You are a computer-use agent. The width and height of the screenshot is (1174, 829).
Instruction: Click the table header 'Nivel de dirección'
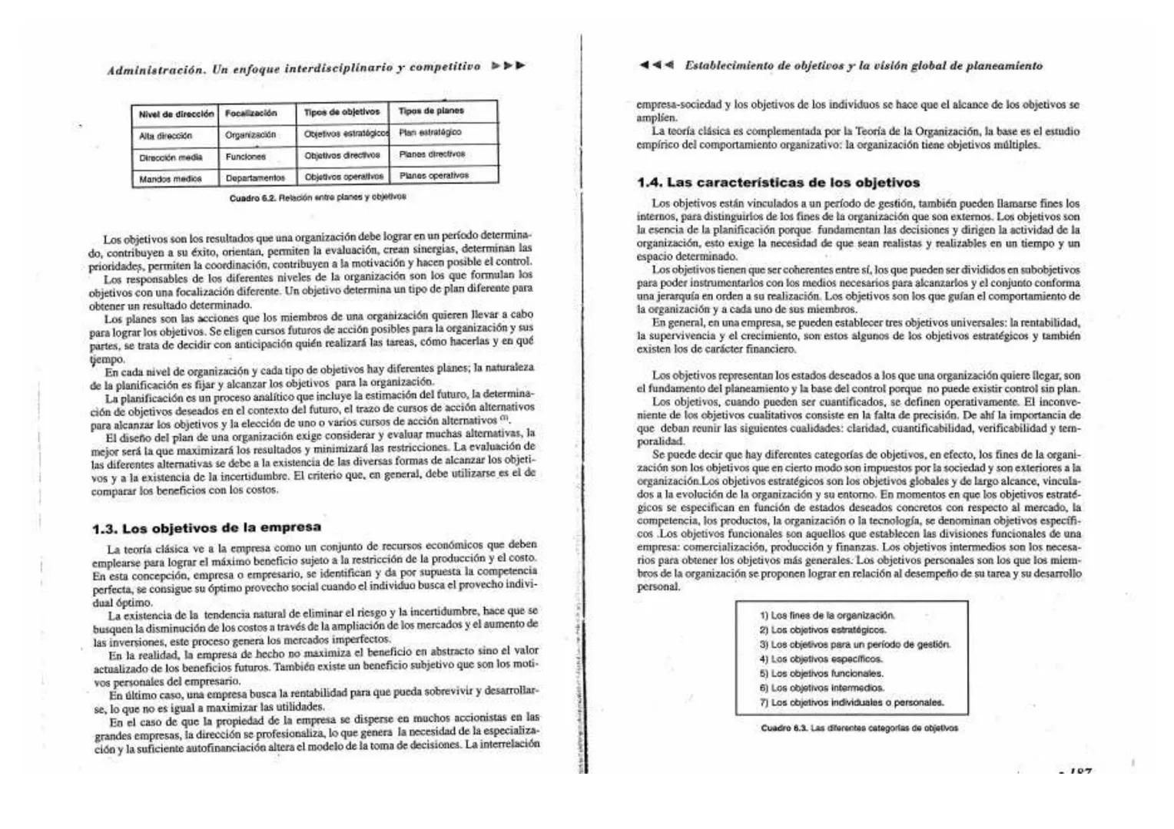pos(176,114)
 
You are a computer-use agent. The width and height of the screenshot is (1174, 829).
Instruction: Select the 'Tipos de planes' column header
pos(431,111)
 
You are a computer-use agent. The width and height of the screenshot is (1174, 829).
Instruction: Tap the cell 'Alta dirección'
pos(165,136)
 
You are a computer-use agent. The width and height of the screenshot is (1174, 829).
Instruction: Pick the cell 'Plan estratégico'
pos(429,132)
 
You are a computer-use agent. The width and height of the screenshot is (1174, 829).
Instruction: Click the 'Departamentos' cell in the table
pos(255,178)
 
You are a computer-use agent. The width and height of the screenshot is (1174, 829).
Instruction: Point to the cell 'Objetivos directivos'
pos(342,155)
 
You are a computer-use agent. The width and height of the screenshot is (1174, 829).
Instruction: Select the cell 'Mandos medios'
pos(170,179)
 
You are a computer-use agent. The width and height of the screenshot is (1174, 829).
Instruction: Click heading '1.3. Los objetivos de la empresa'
pos(206,528)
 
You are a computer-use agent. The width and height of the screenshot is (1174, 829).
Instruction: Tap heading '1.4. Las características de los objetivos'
pos(778,183)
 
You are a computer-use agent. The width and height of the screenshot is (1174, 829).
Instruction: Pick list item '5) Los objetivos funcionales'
pos(821,673)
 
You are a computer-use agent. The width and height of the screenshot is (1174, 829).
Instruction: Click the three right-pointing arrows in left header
pos(509,66)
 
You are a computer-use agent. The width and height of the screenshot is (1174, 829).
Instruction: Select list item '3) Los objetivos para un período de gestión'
pos(854,644)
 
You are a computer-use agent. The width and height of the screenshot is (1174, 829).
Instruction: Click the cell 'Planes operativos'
pos(433,175)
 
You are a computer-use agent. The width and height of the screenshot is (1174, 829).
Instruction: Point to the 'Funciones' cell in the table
pos(246,157)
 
